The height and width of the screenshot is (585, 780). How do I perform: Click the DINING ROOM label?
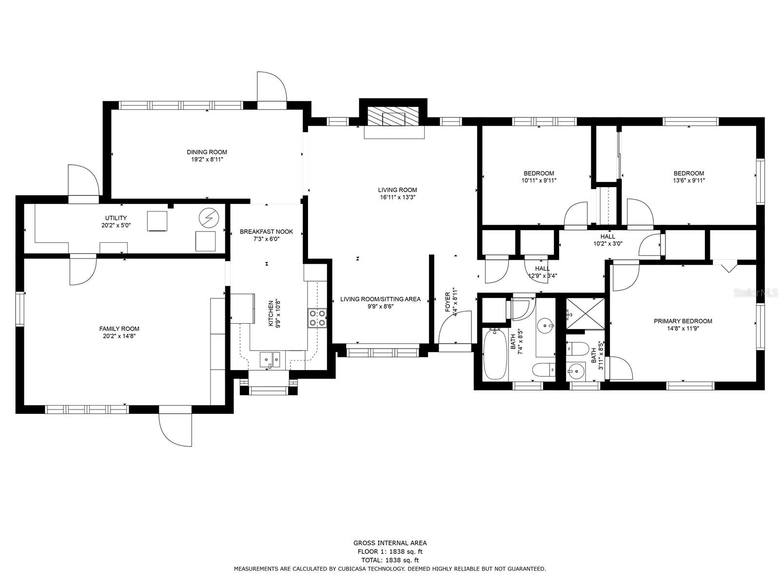click(x=207, y=152)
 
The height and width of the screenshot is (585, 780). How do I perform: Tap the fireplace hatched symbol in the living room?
click(x=393, y=117)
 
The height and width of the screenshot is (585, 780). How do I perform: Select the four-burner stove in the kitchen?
click(x=317, y=318)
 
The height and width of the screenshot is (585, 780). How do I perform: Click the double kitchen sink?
click(x=270, y=359)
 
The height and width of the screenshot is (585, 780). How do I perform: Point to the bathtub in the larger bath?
click(x=495, y=354)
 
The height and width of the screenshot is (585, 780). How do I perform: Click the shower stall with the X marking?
click(x=585, y=314)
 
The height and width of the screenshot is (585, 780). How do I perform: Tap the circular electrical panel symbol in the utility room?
click(x=209, y=218)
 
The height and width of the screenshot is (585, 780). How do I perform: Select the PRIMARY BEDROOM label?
click(x=683, y=321)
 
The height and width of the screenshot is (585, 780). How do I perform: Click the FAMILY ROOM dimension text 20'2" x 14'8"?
click(x=119, y=336)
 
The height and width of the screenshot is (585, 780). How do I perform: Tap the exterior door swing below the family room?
click(x=175, y=430)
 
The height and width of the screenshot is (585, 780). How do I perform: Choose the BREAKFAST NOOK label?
click(x=267, y=232)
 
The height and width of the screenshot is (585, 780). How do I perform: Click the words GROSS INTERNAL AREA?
click(x=390, y=543)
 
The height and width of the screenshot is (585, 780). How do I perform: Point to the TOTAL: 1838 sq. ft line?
click(x=390, y=560)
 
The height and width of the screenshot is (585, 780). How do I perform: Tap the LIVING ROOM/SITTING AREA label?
click(x=380, y=299)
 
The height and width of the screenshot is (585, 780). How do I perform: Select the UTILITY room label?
click(x=116, y=218)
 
